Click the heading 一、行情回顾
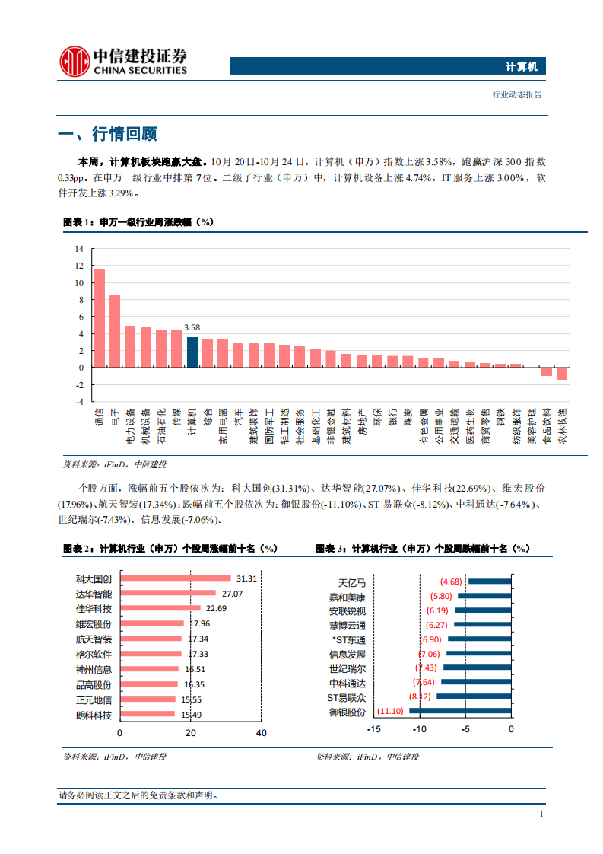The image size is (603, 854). (107, 135)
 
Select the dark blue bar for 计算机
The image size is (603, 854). (192, 352)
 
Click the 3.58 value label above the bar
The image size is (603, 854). (192, 328)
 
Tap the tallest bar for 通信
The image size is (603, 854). (99, 317)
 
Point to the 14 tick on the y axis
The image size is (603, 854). (79, 249)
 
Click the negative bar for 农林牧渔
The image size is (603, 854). (562, 374)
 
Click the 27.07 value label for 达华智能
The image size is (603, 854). (232, 594)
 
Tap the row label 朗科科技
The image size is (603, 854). (94, 715)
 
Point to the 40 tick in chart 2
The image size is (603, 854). (261, 733)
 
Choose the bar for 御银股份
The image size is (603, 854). (460, 712)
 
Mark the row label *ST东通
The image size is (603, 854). (347, 640)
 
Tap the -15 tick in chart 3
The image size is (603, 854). (373, 729)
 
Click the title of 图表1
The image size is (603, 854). (138, 222)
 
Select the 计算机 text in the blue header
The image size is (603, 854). (521, 67)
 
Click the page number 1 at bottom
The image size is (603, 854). (541, 814)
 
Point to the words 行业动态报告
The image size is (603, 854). (517, 95)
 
